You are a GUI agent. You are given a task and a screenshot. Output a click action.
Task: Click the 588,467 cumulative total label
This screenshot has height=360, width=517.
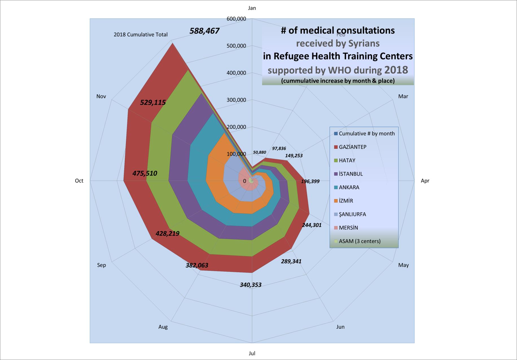[204, 31]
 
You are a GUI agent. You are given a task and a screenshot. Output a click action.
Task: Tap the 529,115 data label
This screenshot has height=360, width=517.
[153, 102]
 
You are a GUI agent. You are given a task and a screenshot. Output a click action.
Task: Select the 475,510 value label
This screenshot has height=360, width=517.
[145, 173]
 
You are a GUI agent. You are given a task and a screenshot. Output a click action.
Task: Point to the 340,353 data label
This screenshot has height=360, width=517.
[250, 285]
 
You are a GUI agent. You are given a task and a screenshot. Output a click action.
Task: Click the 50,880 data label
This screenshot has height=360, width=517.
[259, 152]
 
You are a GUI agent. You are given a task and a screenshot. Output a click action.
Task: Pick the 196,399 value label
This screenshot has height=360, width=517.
[310, 182]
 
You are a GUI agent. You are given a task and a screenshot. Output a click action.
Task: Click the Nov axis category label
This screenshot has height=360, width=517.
[101, 97]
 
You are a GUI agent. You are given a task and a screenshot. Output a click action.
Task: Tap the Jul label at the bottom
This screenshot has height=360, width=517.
[252, 353]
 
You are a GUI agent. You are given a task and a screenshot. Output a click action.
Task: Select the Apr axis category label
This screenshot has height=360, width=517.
[425, 181]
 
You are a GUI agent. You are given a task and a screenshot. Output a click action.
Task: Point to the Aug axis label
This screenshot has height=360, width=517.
[163, 327]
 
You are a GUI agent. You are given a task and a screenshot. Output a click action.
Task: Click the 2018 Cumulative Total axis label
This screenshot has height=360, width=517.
[141, 35]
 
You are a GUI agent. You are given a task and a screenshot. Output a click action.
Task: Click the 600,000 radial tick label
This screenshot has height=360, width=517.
[236, 19]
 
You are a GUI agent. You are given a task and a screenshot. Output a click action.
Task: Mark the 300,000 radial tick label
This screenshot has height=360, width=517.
[236, 100]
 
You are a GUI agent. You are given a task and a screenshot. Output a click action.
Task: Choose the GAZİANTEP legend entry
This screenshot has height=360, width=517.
[352, 147]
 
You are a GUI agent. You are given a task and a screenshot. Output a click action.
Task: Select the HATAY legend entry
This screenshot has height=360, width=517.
[347, 160]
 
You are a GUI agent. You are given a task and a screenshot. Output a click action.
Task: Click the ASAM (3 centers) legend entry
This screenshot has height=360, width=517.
[359, 241]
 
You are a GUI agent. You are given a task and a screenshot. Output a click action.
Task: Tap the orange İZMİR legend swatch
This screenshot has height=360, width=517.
[336, 201]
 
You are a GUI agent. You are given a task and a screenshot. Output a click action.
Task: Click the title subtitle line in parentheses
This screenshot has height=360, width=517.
[338, 81]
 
